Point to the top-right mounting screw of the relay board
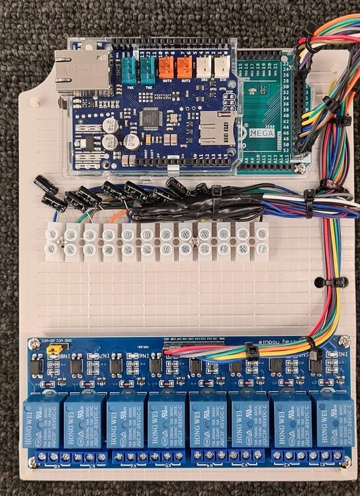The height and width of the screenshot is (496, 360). (x=344, y=341)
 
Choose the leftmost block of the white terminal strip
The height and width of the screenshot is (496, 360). (x=52, y=240)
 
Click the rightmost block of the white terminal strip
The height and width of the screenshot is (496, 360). (x=261, y=240)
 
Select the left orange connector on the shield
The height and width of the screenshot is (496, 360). (x=165, y=67)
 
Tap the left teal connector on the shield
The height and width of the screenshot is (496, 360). (x=128, y=68)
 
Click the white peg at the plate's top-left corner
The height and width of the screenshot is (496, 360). (x=32, y=103)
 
